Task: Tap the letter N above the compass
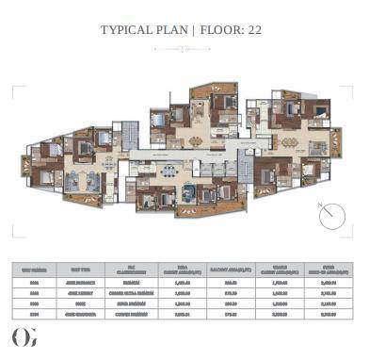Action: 322,203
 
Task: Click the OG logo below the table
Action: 24,336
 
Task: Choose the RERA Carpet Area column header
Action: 176,268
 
